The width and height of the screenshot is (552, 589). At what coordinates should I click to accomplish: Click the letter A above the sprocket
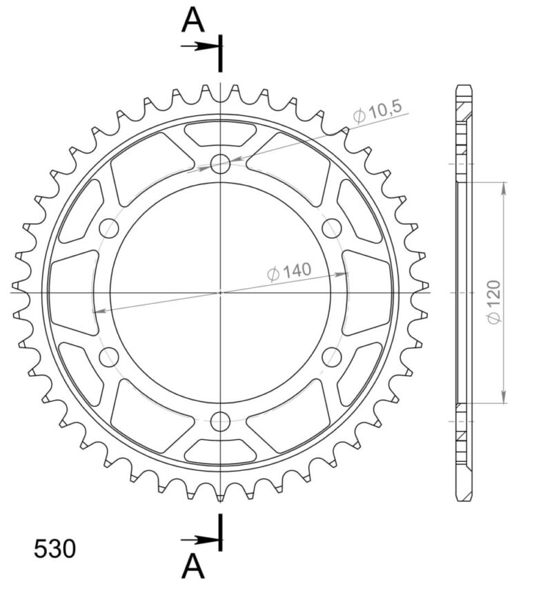[193, 21]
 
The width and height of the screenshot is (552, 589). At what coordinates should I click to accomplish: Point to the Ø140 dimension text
[290, 272]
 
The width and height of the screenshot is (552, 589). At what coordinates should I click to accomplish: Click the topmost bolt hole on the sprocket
[220, 164]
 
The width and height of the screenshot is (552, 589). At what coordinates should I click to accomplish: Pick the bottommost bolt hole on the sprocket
[220, 421]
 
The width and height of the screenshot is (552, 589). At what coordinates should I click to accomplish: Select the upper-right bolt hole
[332, 228]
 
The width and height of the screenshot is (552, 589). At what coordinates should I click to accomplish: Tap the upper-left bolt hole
[109, 228]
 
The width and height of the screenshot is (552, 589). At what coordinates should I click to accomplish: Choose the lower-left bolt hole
[109, 356]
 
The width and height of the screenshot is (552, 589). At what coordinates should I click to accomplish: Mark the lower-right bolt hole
[332, 356]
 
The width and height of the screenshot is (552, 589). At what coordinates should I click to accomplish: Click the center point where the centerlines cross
[220, 292]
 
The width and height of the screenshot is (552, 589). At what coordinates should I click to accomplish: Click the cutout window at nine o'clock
[72, 292]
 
